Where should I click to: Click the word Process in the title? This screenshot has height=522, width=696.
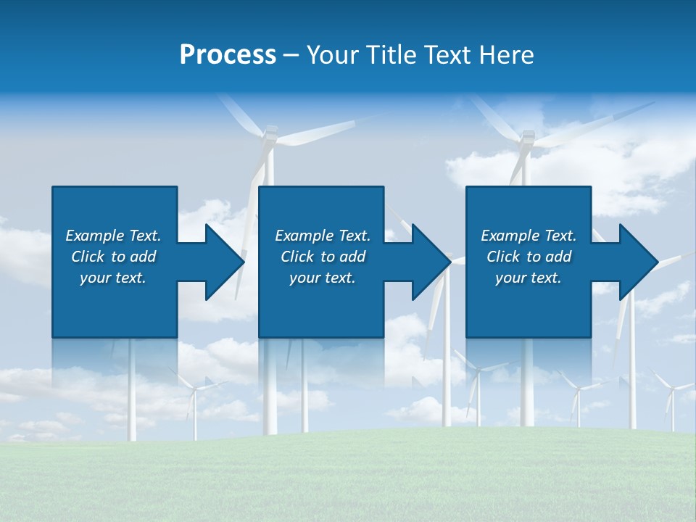tap(228, 55)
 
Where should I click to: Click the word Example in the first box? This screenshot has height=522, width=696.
tap(95, 236)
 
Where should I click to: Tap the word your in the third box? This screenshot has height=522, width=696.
tap(511, 278)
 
